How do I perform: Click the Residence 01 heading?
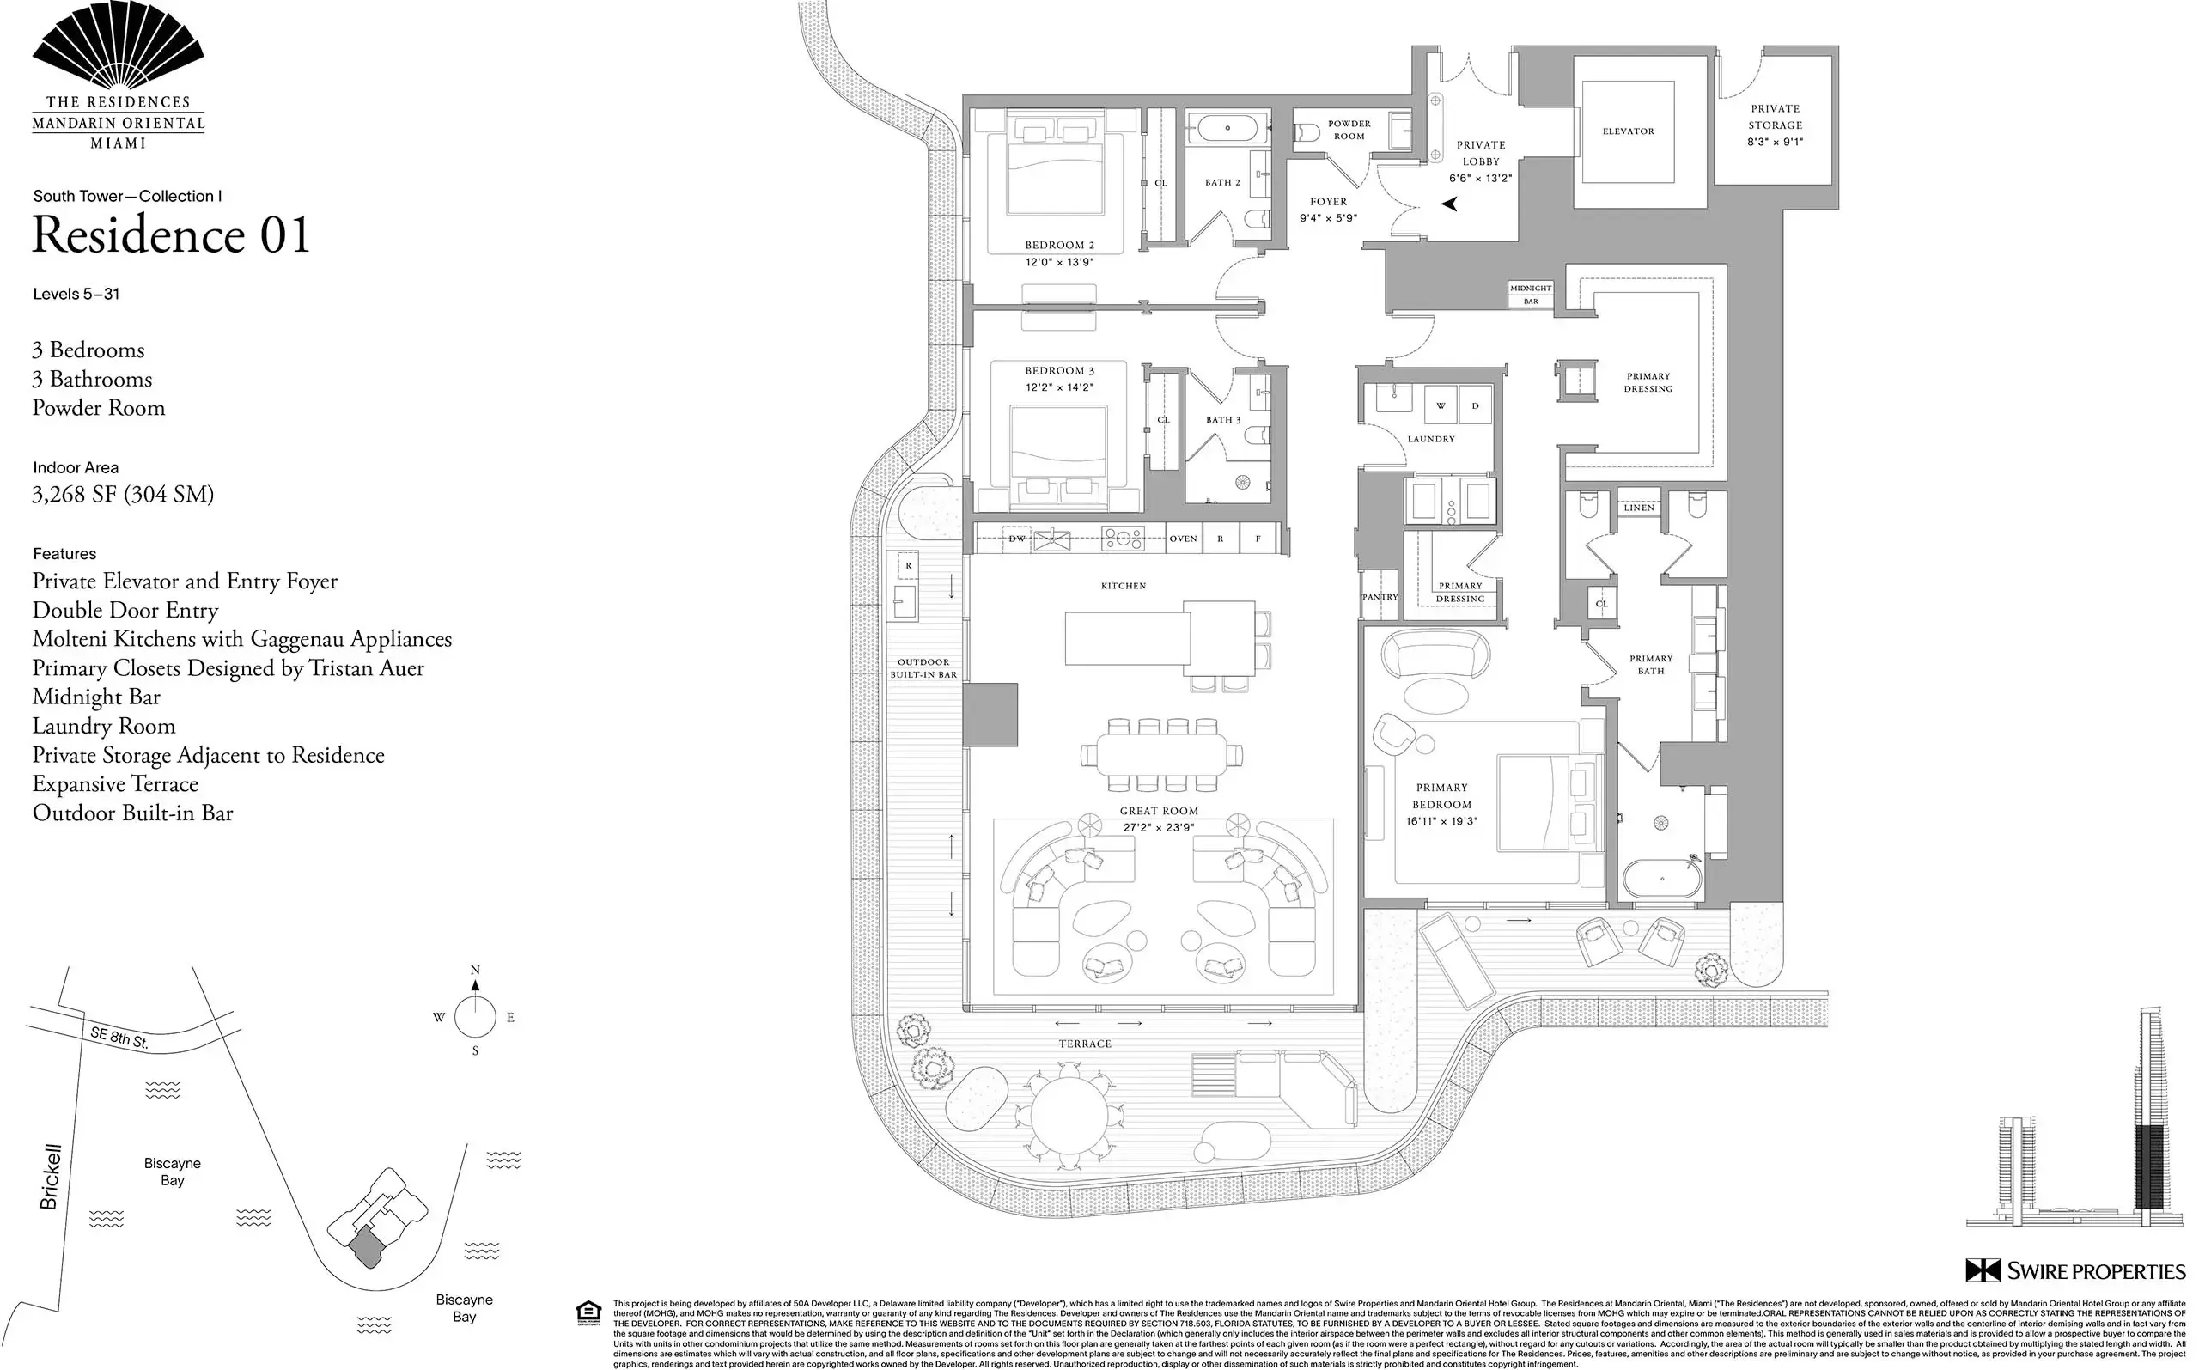(171, 235)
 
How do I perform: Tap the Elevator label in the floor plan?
(1628, 131)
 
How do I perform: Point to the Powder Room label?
(1349, 130)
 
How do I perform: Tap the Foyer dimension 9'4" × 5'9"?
(1328, 218)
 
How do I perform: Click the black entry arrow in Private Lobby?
(1450, 204)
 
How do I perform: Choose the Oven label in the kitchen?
(1184, 539)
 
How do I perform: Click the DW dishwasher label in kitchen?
(1016, 539)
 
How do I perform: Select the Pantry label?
(1380, 597)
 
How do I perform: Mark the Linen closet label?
(1639, 508)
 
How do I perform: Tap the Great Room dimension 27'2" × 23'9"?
(1159, 827)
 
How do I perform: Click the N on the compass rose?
(475, 970)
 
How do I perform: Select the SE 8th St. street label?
(119, 1038)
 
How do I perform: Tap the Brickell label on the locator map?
(51, 1176)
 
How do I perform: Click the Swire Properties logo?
(2074, 1270)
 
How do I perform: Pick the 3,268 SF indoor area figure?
(122, 495)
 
